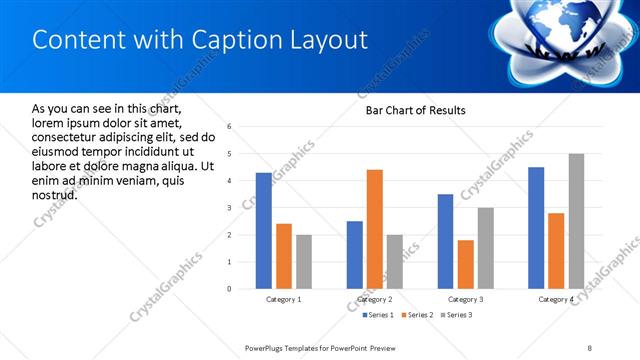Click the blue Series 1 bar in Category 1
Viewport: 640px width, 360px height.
click(263, 231)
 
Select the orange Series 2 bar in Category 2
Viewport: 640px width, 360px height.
click(375, 229)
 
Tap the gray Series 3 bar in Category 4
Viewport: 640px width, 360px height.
click(576, 221)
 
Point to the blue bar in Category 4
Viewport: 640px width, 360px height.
click(536, 228)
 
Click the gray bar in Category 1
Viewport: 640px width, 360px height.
click(303, 262)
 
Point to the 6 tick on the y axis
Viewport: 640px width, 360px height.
click(230, 127)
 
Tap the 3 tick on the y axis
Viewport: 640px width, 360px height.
click(230, 208)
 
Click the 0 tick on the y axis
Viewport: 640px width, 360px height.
click(230, 289)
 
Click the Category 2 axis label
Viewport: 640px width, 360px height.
click(375, 299)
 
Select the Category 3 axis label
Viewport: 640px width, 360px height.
click(466, 299)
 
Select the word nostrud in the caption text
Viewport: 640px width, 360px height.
click(55, 194)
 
